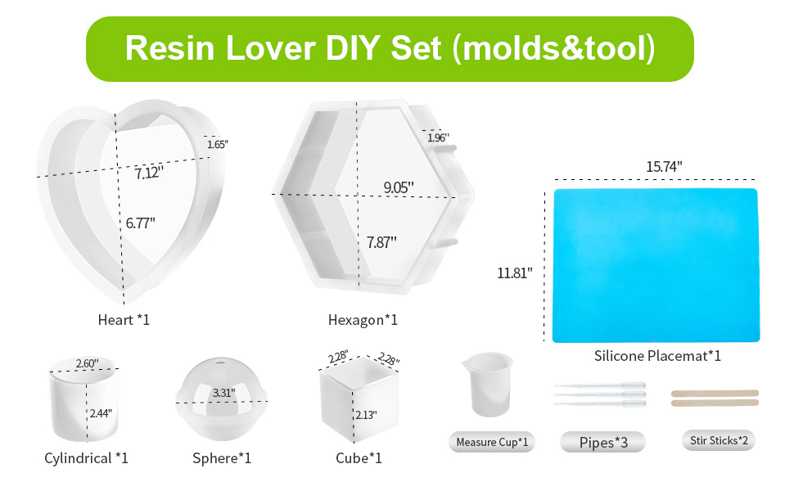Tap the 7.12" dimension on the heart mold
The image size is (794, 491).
(149, 173)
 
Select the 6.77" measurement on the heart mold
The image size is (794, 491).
(140, 223)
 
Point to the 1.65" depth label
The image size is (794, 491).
(218, 144)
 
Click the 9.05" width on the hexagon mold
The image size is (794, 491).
(399, 187)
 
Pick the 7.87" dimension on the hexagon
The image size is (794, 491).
(381, 242)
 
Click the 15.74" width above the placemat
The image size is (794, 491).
(664, 167)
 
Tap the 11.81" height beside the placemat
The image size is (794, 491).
(515, 273)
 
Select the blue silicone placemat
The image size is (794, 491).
(656, 265)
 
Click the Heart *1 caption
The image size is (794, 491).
(124, 320)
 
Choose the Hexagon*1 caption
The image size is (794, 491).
(363, 320)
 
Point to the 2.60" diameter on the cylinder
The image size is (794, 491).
(87, 363)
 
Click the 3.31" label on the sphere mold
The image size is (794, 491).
(223, 393)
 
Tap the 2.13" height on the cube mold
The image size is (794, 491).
(366, 415)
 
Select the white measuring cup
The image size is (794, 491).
(488, 384)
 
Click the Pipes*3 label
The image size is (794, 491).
(603, 443)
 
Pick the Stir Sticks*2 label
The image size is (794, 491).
(719, 440)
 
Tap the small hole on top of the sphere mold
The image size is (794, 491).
(220, 363)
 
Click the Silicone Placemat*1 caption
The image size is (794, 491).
(657, 356)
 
